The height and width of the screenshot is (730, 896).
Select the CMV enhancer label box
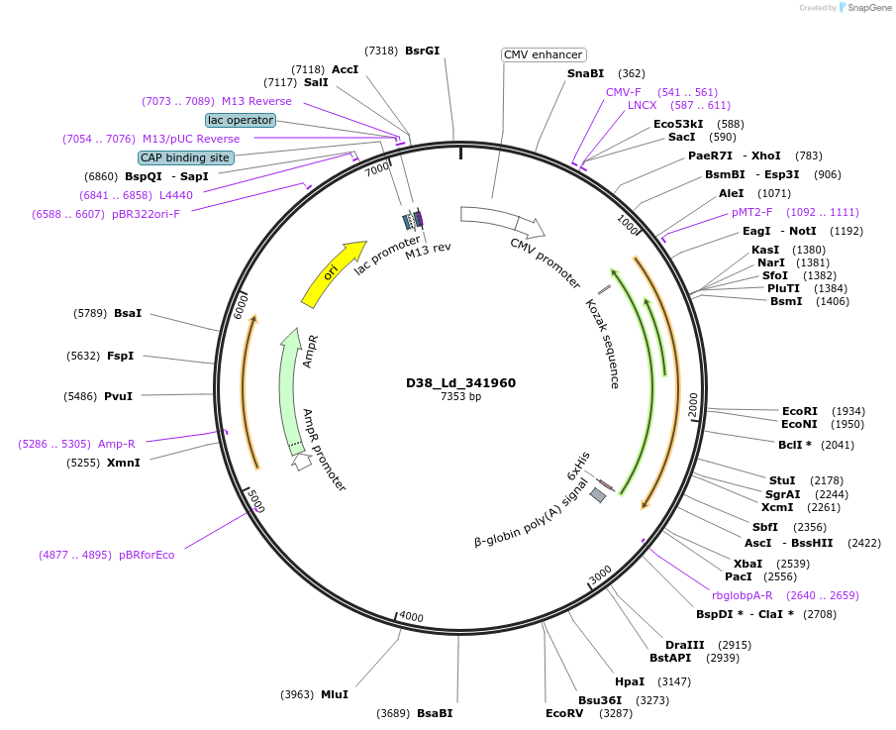(544, 55)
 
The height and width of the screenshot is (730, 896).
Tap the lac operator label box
(240, 120)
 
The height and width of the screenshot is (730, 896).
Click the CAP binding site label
(186, 157)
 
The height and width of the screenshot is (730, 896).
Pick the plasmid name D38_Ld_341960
(460, 383)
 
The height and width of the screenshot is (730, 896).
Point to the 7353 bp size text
(460, 397)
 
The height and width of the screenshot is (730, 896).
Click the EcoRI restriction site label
(800, 411)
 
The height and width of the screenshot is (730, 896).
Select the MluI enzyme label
(334, 694)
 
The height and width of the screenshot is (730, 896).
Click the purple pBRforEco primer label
(147, 555)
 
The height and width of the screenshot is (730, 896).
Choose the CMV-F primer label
(624, 92)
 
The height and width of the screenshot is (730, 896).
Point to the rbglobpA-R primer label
(742, 595)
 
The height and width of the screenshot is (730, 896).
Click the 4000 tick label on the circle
(410, 617)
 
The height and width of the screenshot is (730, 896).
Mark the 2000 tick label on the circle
(693, 405)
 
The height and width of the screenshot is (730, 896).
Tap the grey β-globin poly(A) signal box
(598, 494)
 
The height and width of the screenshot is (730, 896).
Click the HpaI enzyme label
(630, 681)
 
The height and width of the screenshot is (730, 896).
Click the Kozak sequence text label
(602, 343)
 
